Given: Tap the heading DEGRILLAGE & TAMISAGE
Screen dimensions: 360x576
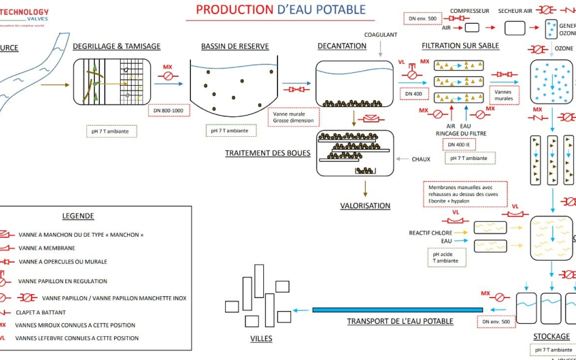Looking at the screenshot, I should click(117, 46).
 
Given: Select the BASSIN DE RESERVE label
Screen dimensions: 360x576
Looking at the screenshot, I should click(235, 46).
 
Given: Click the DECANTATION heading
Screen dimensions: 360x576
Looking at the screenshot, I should click(342, 46).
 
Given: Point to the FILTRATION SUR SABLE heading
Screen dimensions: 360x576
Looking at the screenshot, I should click(461, 46).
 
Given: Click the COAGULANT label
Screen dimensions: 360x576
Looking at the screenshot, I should click(381, 35).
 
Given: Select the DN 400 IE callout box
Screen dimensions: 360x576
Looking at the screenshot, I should click(459, 144).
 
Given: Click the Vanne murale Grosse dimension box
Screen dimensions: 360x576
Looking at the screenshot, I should click(293, 117).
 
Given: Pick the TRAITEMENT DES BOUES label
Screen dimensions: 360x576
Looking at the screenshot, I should click(268, 154).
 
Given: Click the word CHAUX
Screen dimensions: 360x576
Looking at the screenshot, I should click(421, 159).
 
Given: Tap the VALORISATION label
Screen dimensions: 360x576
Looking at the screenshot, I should click(365, 206).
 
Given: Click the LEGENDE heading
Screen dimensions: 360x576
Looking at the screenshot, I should click(78, 216).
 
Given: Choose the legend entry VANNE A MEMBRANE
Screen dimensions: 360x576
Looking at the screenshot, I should click(47, 248).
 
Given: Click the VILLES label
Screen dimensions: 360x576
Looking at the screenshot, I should click(261, 339).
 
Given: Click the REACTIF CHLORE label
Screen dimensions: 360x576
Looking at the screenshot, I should click(430, 233).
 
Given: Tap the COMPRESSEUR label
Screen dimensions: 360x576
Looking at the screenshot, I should click(470, 11).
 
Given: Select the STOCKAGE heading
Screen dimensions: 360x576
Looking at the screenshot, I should click(551, 336).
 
